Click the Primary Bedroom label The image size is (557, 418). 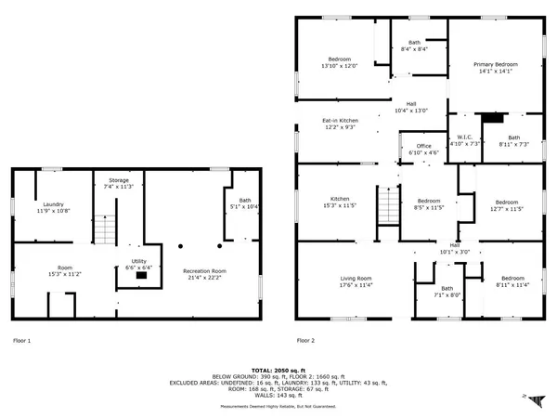495,64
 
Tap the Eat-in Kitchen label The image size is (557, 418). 341,121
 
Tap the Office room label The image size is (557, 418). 423,146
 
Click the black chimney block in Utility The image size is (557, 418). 141,275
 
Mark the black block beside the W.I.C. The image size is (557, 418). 492,117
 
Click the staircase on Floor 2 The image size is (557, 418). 387,204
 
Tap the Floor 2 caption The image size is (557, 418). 306,340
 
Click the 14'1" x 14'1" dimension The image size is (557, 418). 495,72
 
